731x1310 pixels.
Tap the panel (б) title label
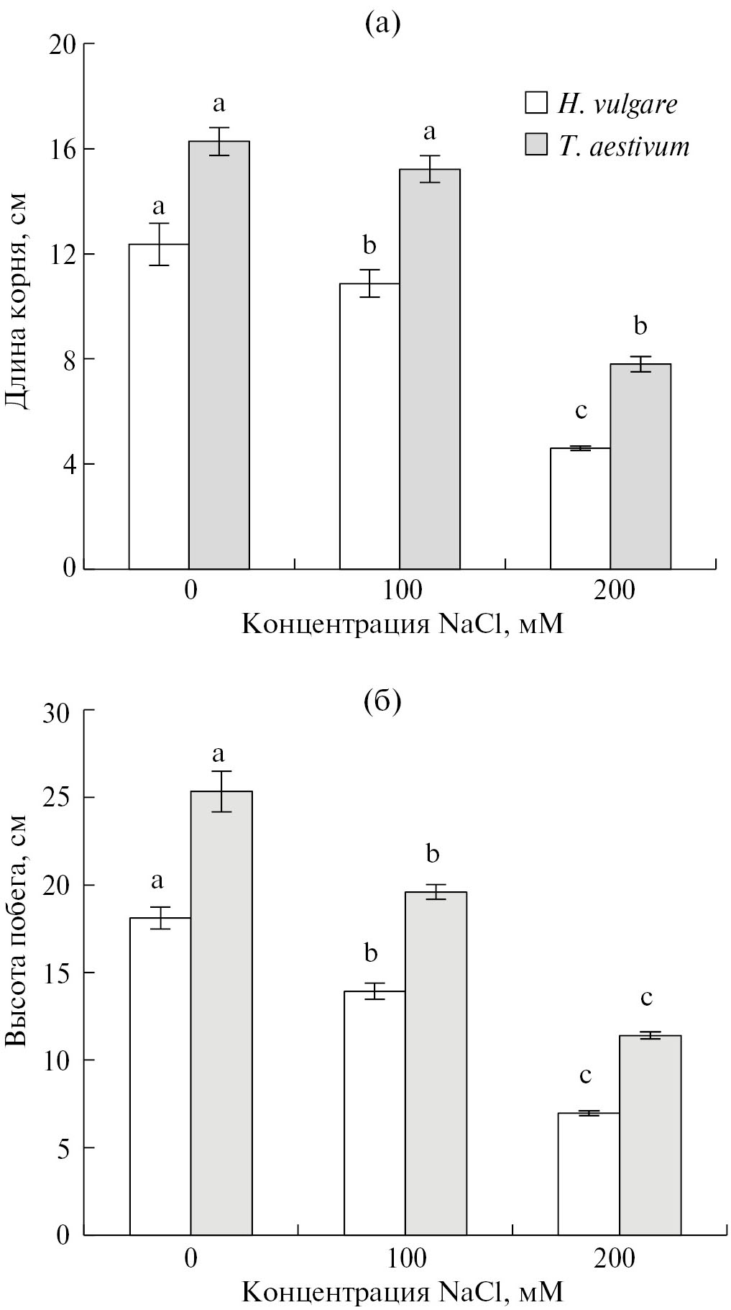[x=382, y=700]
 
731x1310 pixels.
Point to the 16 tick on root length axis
[x=65, y=149]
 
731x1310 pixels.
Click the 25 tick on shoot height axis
[x=65, y=798]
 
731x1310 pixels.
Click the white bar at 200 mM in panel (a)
[x=580, y=509]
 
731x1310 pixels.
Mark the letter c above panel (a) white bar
[x=581, y=411]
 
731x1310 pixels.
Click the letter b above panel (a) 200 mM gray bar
[x=640, y=327]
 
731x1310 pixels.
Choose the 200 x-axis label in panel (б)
[x=615, y=1258]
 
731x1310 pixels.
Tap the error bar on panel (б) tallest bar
[x=221, y=791]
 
